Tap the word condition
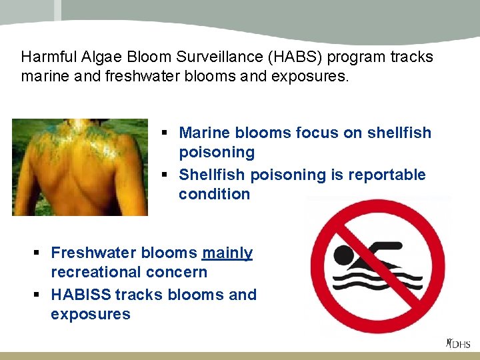pyautogui.click(x=214, y=195)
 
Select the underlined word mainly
pyautogui.click(x=227, y=253)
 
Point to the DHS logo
pyautogui.click(x=459, y=344)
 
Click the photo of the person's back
pyautogui.click(x=80, y=167)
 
